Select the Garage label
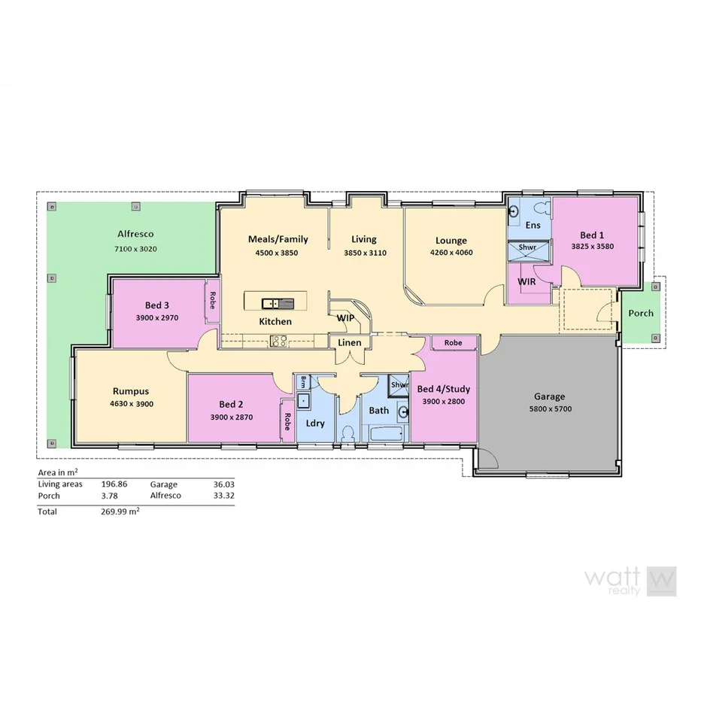point(549,396)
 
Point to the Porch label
point(641,313)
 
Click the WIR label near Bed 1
point(527,281)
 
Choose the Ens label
point(533,225)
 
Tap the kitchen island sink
point(270,303)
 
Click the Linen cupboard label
point(350,343)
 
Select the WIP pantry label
point(345,318)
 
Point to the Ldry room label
point(314,423)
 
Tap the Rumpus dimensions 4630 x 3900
point(131,404)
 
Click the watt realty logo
point(630,581)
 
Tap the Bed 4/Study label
point(443,389)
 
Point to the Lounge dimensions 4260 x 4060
point(451,253)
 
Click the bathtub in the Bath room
point(387,435)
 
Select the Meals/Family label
point(278,239)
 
